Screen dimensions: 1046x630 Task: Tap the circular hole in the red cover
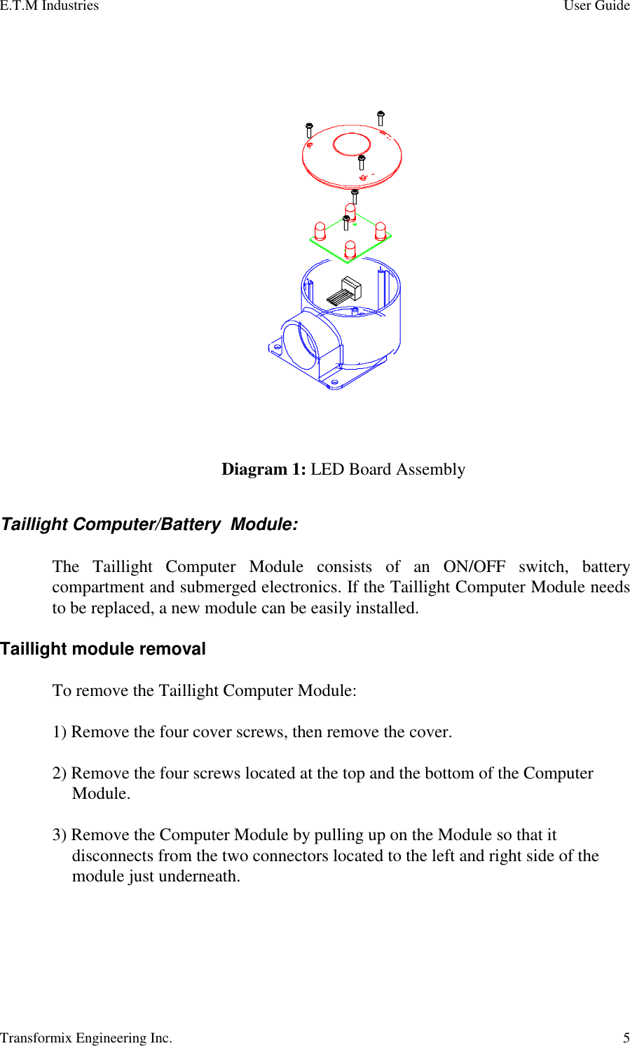point(352,145)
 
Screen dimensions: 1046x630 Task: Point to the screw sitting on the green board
point(346,223)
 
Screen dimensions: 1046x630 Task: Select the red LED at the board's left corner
point(320,230)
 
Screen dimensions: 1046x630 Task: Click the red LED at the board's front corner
point(350,249)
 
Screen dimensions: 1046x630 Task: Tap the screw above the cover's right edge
point(381,118)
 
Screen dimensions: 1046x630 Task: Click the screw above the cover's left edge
point(309,130)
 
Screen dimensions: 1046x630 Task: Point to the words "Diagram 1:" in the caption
point(263,469)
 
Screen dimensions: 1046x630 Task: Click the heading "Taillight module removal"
point(103,649)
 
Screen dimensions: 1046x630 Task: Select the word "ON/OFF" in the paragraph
point(474,566)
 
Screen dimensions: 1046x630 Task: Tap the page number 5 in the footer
point(626,1038)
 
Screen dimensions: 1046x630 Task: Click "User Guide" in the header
point(596,6)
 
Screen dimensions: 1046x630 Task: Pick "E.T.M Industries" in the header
point(49,6)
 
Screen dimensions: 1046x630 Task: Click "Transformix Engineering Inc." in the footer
point(86,1038)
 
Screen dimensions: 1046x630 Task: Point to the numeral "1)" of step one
point(60,732)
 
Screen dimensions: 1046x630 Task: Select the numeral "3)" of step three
point(60,835)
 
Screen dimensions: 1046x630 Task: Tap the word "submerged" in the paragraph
point(217,587)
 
